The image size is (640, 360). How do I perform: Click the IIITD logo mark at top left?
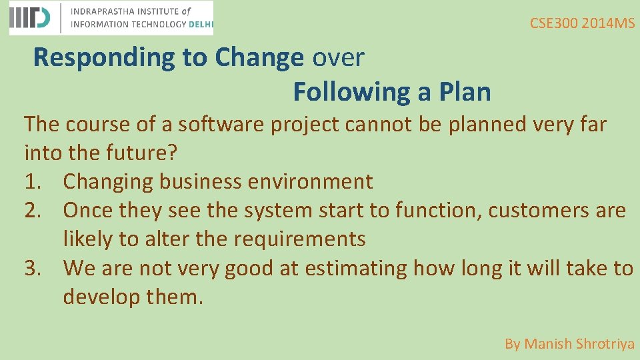[30, 18]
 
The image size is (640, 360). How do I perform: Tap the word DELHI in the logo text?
[201, 24]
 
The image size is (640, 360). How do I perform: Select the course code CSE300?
[554, 23]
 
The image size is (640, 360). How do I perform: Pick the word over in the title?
[338, 57]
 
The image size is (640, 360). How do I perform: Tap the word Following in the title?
[351, 92]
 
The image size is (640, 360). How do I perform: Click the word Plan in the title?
[464, 92]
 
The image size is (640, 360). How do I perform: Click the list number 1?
[33, 181]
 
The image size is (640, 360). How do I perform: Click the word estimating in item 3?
[357, 267]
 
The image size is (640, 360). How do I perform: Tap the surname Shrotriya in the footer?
[605, 344]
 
